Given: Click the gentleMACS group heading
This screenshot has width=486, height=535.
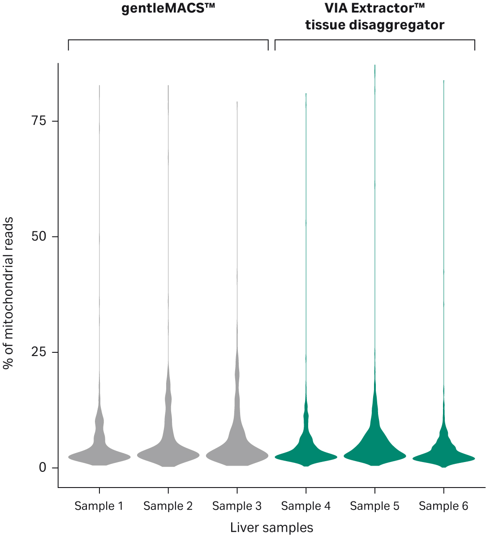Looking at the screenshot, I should [x=168, y=9].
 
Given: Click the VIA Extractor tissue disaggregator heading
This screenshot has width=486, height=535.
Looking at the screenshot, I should [x=374, y=17].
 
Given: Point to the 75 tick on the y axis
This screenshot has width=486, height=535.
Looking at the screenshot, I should [x=39, y=121].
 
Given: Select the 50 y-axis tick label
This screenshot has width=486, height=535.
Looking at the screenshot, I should [x=39, y=237].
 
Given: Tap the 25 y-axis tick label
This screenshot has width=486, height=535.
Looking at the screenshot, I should [x=39, y=352].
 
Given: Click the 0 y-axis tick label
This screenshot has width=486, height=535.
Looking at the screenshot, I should [x=43, y=468].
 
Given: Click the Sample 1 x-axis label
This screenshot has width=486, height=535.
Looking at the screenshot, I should [x=99, y=506].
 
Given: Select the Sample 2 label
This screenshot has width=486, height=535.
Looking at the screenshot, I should [x=168, y=506].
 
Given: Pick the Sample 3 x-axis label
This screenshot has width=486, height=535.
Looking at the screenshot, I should [x=237, y=506].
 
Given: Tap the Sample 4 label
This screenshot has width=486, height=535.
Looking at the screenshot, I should [x=306, y=506].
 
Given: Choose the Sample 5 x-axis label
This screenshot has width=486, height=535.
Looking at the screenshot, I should [x=375, y=506].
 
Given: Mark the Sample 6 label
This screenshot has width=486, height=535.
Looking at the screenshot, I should [x=443, y=506].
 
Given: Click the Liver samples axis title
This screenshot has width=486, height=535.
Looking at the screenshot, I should [x=271, y=527].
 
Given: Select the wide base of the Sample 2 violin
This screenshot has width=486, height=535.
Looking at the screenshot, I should [x=168, y=455].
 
